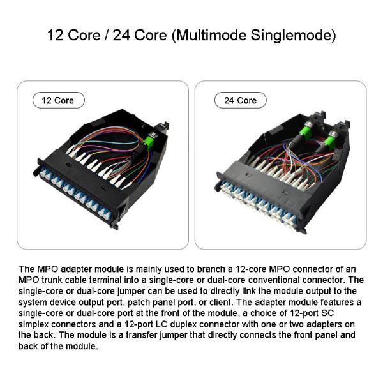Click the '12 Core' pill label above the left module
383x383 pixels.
pyautogui.click(x=58, y=100)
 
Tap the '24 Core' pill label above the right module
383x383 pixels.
pyautogui.click(x=240, y=100)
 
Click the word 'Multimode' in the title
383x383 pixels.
pyautogui.click(x=214, y=34)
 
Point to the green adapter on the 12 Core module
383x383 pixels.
pyautogui.click(x=150, y=141)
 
